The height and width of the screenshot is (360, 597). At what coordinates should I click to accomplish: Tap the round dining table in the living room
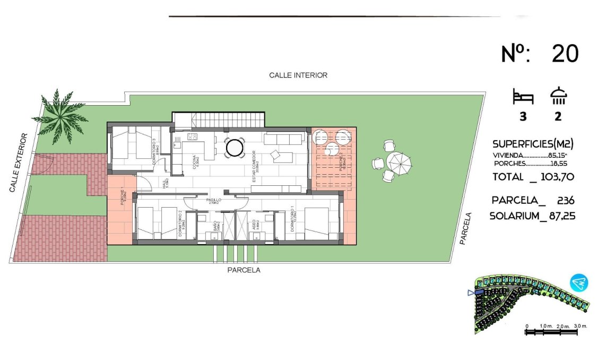tap(235, 148)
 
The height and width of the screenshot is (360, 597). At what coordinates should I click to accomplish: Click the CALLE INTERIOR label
tap(298, 75)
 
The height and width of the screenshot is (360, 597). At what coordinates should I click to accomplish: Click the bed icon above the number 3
tap(523, 97)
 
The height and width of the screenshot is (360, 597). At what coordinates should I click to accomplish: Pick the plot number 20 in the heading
tap(565, 54)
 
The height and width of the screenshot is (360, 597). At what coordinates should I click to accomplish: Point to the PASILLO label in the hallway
tap(214, 200)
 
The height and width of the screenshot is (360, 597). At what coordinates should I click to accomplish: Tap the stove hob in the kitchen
tap(192, 137)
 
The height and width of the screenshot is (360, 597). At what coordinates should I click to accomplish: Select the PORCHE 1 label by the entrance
tap(123, 197)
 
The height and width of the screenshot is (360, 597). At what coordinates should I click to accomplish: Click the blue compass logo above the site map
tap(579, 282)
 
